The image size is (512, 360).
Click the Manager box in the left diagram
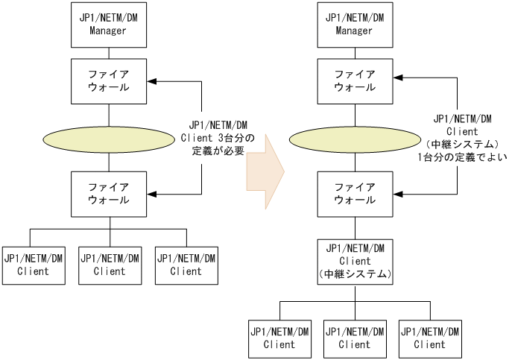tap(110, 25)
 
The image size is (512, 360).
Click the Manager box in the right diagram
tap(354, 25)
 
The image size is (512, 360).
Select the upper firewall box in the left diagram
tap(110, 82)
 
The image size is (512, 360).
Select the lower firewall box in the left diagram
tap(110, 193)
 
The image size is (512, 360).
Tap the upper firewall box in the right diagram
tap(354, 82)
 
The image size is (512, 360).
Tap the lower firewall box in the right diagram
tap(354, 193)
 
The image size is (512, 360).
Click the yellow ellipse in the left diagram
tap(110, 139)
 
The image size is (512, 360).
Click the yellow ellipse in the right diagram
tap(354, 139)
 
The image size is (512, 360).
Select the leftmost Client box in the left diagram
tap(34, 265)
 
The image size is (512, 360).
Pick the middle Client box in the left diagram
tap(110, 265)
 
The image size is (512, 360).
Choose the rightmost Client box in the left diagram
tap(186, 265)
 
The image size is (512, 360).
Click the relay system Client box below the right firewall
tap(354, 259)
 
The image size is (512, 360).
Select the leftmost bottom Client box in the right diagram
tap(278, 338)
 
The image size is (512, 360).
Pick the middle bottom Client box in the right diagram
tap(354, 338)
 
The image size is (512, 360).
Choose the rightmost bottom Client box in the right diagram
tap(430, 338)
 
